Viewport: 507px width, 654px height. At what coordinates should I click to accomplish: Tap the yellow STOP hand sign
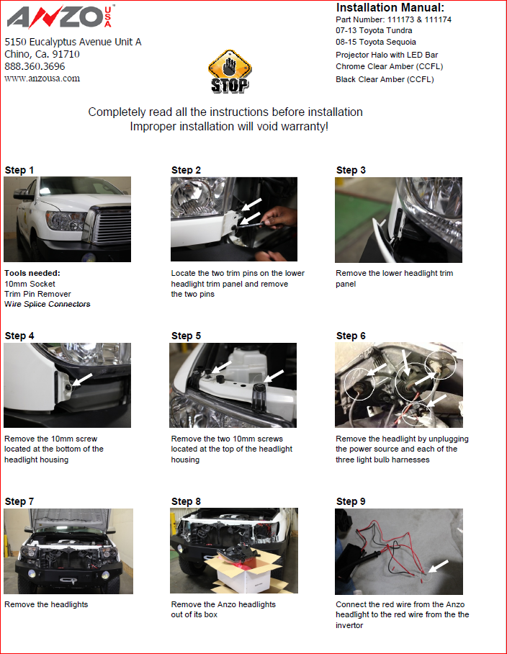click(x=230, y=71)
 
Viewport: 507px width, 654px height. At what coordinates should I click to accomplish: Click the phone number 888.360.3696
click(x=35, y=66)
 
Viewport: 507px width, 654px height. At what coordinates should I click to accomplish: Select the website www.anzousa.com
click(x=42, y=79)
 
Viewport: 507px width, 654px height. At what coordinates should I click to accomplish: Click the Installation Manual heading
click(x=390, y=7)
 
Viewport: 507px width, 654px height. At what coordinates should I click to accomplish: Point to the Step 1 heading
click(x=19, y=170)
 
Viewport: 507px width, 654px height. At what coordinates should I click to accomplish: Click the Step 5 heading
click(x=186, y=336)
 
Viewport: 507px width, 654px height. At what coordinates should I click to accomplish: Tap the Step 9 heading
click(x=351, y=501)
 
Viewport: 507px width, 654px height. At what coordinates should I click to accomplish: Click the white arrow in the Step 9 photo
click(x=439, y=566)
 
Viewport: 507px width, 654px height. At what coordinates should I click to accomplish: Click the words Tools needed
click(x=32, y=273)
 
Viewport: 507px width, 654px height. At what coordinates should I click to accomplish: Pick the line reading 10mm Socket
click(x=30, y=284)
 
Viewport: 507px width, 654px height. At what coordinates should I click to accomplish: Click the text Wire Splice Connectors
click(x=48, y=304)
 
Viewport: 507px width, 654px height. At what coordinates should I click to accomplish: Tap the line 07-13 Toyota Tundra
click(x=374, y=30)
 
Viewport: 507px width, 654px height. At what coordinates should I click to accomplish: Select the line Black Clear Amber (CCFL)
click(x=385, y=79)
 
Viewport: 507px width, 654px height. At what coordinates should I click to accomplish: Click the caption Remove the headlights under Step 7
click(x=46, y=604)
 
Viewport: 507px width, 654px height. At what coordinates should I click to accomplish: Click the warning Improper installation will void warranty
click(x=229, y=126)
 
